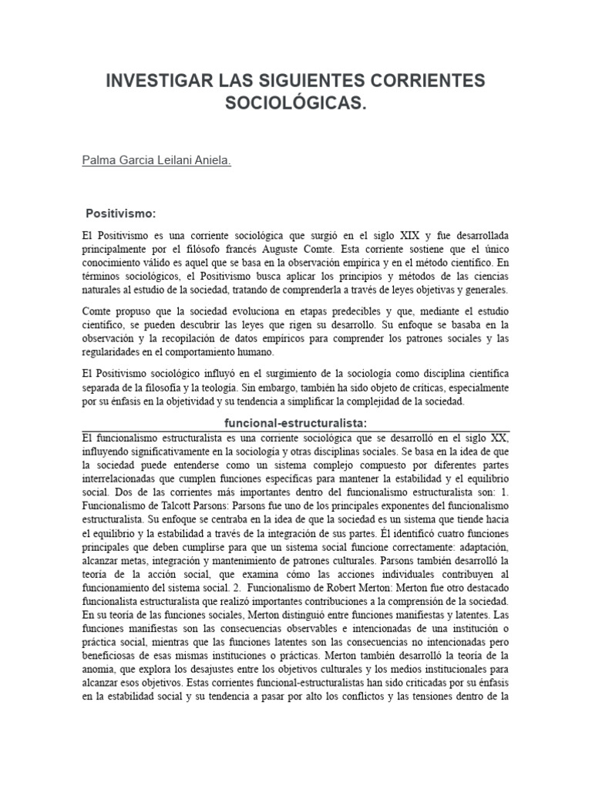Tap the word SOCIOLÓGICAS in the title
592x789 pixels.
point(296,103)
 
